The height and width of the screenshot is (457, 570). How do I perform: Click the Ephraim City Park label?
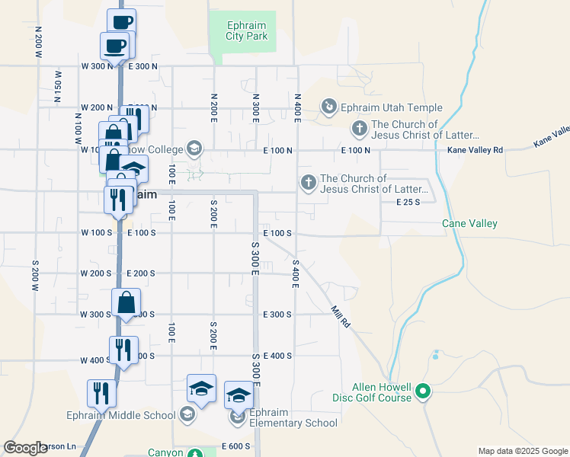(247, 30)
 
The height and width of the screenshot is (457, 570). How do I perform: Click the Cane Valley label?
(469, 223)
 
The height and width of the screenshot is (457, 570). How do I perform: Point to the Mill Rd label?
(340, 316)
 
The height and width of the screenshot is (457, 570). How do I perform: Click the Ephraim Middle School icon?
(187, 415)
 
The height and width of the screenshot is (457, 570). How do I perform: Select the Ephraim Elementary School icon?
(238, 417)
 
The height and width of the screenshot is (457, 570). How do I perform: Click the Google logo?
(25, 448)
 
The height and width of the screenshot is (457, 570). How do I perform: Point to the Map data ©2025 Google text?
(522, 451)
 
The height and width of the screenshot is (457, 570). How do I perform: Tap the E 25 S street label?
(409, 202)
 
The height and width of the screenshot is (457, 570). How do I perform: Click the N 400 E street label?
(298, 109)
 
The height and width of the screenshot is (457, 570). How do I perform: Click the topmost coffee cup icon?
(121, 21)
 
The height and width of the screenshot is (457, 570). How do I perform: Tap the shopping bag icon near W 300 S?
(126, 302)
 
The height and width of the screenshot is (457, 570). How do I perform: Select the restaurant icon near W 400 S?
(123, 350)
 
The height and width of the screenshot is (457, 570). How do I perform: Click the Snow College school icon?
(194, 148)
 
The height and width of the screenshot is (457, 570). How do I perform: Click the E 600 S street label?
(236, 446)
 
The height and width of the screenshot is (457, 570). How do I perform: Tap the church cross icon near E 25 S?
(308, 182)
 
